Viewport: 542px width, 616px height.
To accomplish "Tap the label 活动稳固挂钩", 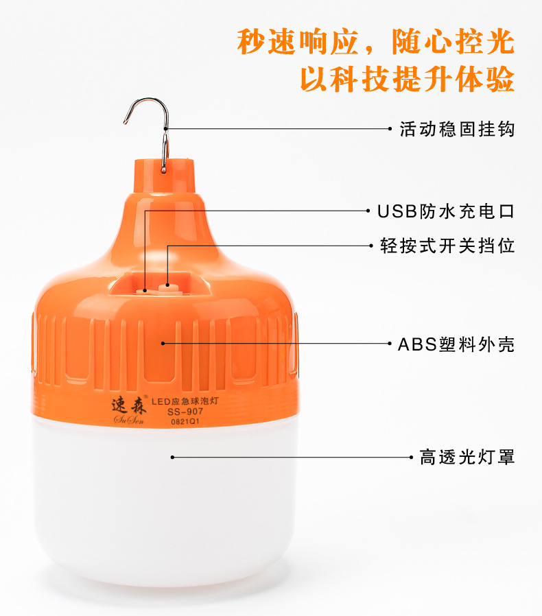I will pyautogui.click(x=457, y=129).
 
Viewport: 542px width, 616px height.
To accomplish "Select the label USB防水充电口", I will pyautogui.click(x=446, y=211).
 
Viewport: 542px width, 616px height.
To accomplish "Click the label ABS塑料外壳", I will pyautogui.click(x=456, y=344).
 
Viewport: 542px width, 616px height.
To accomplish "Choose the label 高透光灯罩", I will pyautogui.click(x=467, y=457).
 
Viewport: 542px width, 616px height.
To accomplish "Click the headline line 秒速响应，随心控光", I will pyautogui.click(x=375, y=43).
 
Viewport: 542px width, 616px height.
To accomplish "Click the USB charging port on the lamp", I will pyautogui.click(x=145, y=289).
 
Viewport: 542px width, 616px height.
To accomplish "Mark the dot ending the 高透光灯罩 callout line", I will pyautogui.click(x=172, y=457).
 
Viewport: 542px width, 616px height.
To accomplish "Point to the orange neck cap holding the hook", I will pyautogui.click(x=164, y=175).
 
